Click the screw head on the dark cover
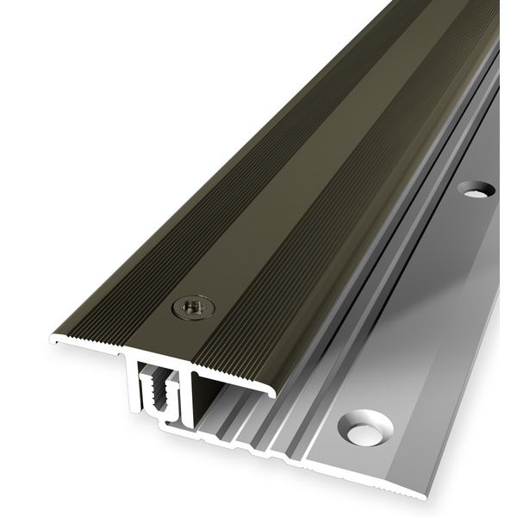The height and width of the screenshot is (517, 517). (x=193, y=307)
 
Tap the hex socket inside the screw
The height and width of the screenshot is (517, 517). (x=193, y=306)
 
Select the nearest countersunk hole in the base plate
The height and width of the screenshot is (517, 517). (x=365, y=428)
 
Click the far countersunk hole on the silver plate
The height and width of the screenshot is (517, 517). (x=476, y=189)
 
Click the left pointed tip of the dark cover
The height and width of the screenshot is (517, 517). (x=53, y=340)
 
